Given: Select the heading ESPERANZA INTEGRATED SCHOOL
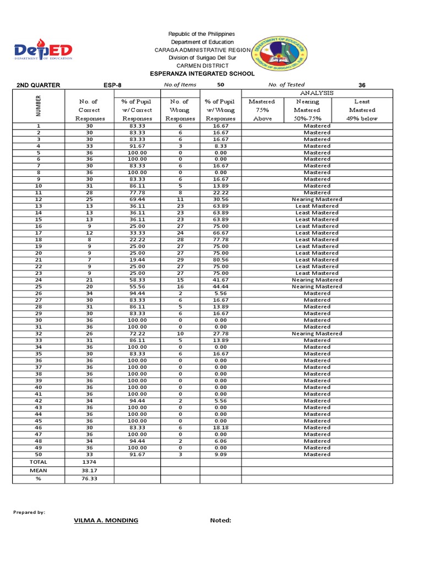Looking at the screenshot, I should tap(203, 73).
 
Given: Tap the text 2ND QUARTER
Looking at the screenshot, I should tap(38, 85).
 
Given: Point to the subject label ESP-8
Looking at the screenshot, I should tap(112, 85).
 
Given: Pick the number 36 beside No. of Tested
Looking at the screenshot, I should tap(362, 85).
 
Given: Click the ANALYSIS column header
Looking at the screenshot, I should tap(317, 93).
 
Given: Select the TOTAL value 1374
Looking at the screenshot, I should tap(89, 462).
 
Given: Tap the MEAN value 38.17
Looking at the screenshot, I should tap(89, 471).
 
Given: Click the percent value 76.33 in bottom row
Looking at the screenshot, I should tap(89, 479).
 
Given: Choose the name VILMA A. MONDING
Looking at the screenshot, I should tap(106, 520).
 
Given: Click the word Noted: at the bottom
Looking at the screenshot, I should tap(220, 520).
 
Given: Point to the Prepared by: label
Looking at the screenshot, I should tap(29, 512).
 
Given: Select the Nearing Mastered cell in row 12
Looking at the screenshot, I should tap(317, 199).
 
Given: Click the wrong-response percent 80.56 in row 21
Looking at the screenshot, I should tap(220, 260).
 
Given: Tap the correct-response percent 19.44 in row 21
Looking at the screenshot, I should tap(137, 260).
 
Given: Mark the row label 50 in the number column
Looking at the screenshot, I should tap(39, 454).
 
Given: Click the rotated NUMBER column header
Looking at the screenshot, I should tap(38, 106).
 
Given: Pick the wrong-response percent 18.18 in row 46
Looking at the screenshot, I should tap(220, 427).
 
